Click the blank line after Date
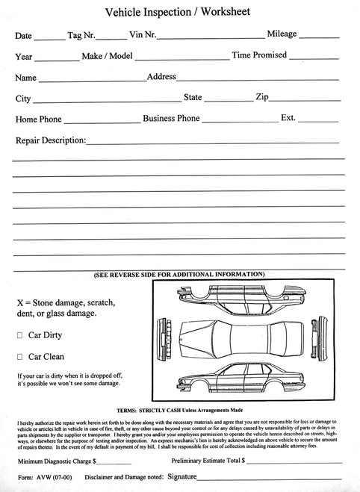[x=49, y=37]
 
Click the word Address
[x=161, y=76]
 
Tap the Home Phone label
[x=37, y=119]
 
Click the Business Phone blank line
[x=239, y=121]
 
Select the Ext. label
[x=288, y=118]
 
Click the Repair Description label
[x=50, y=140]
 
